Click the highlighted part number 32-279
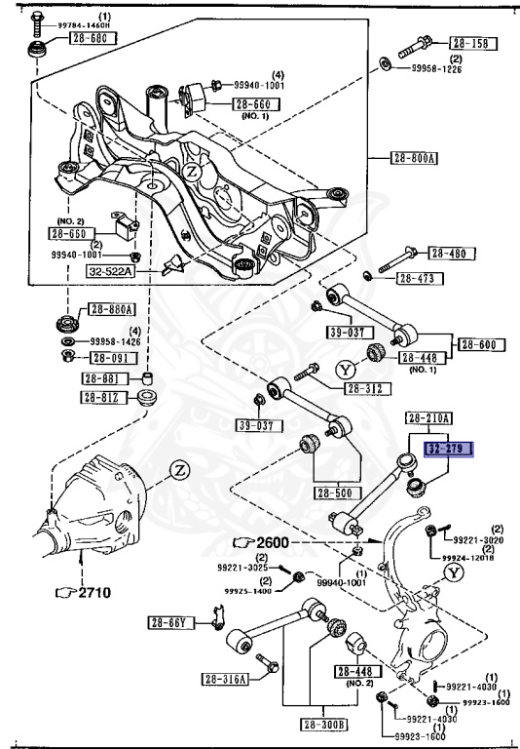447,451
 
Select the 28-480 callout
447,255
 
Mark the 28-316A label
226,680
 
